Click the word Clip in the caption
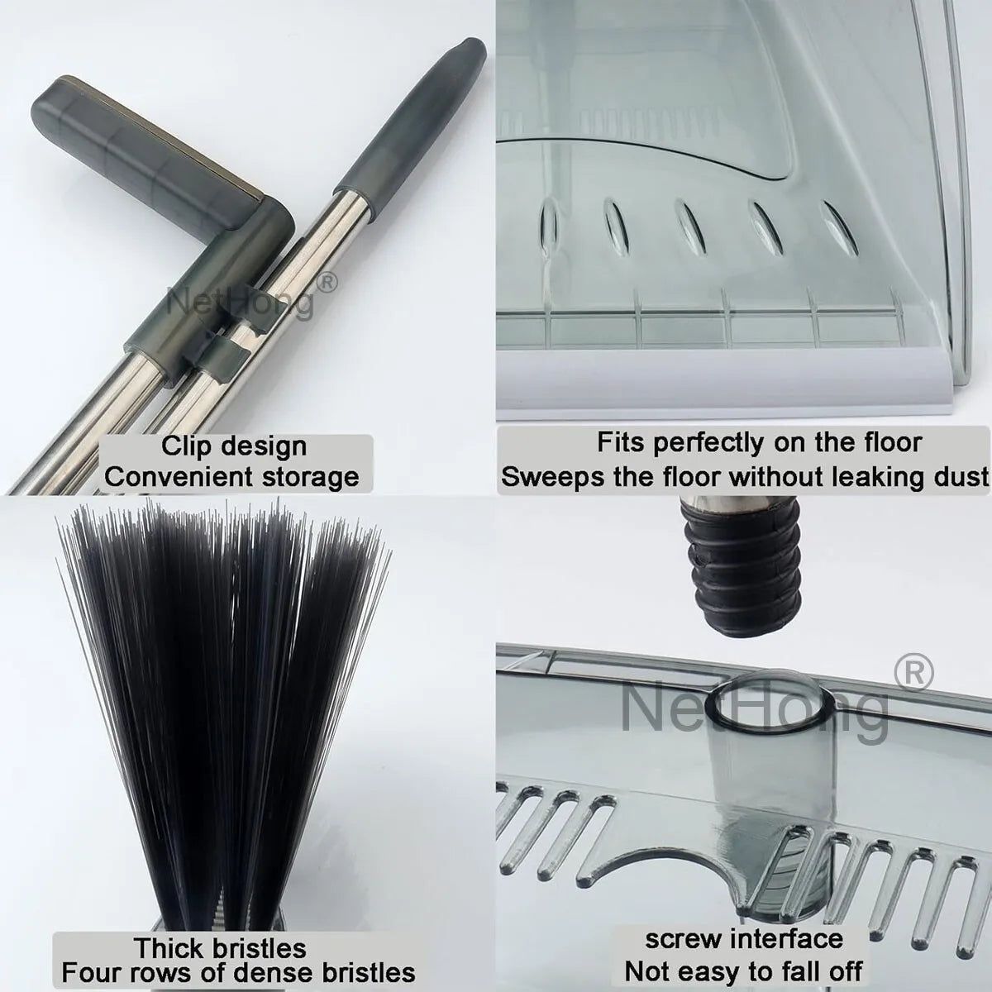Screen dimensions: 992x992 (184, 446)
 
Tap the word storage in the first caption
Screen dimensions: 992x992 (310, 477)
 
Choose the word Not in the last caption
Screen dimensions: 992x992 (649, 971)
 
